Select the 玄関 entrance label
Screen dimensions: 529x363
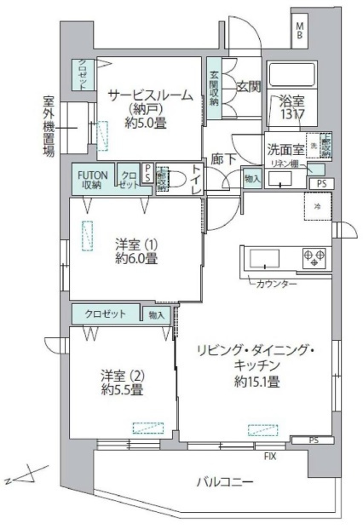248,88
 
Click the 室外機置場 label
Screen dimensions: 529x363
49,125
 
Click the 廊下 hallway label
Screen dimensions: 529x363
223,158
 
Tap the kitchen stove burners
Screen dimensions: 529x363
312,257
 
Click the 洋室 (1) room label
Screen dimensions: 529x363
136,243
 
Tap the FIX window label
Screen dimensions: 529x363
270,457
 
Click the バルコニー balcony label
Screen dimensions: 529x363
225,483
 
